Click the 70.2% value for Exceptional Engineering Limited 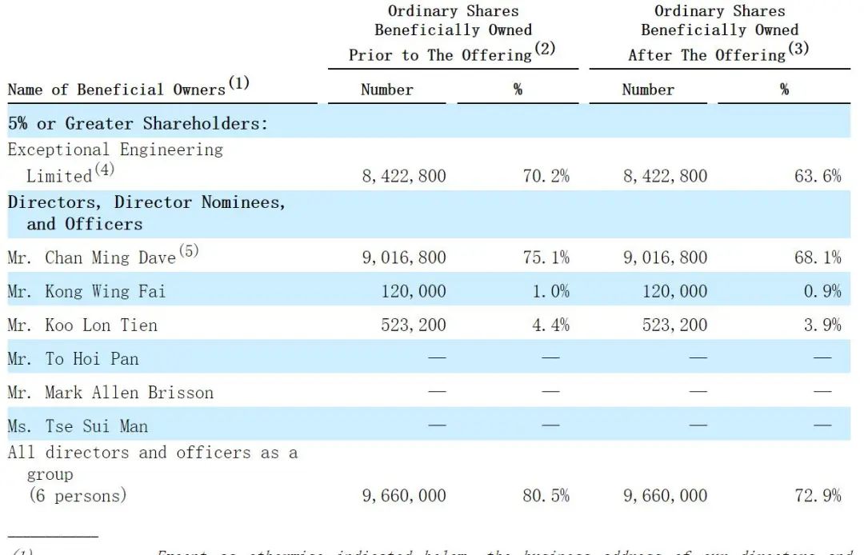(546, 176)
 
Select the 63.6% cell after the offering (818, 176)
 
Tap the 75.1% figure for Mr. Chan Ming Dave (546, 258)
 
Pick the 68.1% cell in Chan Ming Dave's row (818, 258)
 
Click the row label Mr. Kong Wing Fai (86, 291)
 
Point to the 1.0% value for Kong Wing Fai (551, 291)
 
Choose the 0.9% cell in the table (822, 291)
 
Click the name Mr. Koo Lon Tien (82, 325)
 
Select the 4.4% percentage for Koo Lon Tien (551, 325)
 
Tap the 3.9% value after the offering (822, 325)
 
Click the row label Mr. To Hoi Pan (73, 358)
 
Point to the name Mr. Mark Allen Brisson (110, 393)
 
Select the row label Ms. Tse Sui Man (78, 426)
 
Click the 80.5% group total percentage (546, 496)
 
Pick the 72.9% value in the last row (818, 496)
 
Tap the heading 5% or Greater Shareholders (137, 124)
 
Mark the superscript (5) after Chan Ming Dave (188, 251)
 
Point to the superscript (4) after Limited (105, 170)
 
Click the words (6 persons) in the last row (78, 496)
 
